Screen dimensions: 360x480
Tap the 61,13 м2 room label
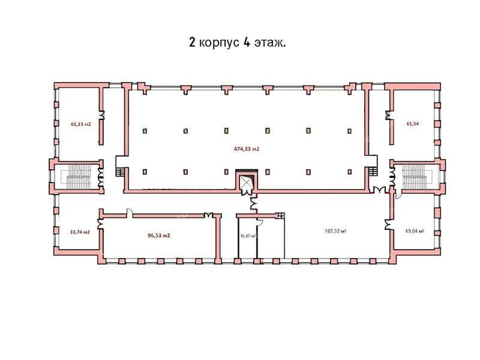coord(80,124)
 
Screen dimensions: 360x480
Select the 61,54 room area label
coord(413,124)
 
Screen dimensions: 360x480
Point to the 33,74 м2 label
coord(80,232)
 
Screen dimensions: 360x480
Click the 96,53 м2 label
coord(159,235)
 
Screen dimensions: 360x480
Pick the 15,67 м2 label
coord(248,236)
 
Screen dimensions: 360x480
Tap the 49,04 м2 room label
coord(415,231)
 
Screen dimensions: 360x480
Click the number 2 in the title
coord(192,43)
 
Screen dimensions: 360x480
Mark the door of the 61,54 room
coord(389,116)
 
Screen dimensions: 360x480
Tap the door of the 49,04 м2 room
coord(389,223)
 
